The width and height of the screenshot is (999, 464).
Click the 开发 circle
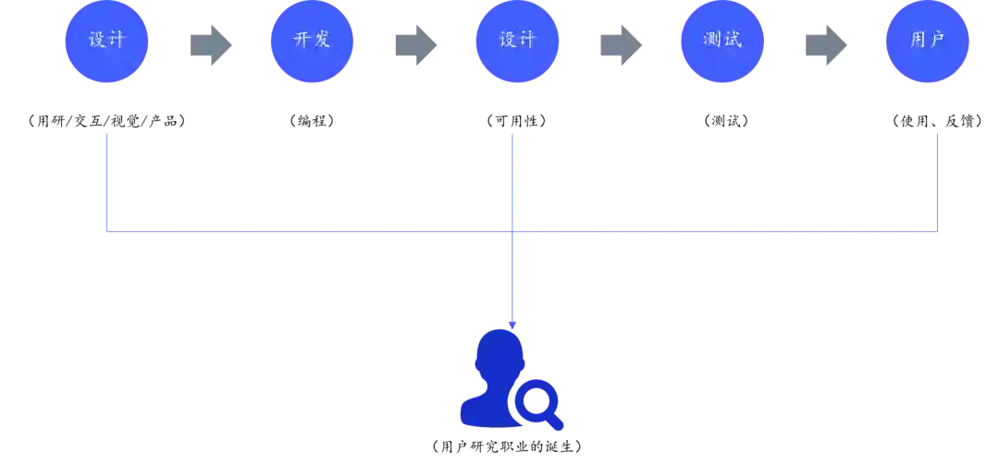pos(312,41)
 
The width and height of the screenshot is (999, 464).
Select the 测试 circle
pos(722,41)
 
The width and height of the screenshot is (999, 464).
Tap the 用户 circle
pos(927,41)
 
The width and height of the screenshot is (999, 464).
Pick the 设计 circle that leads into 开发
pos(106,41)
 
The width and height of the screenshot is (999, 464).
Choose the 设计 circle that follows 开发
pos(517,41)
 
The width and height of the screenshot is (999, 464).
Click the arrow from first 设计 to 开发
pos(210,44)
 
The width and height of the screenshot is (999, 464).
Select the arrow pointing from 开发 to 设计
pos(415,44)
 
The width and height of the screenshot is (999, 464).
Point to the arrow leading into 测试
pos(622,44)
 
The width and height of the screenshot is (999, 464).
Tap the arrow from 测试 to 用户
pos(824,44)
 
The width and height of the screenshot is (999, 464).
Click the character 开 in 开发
pos(301,41)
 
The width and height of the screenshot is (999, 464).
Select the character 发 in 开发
pos(322,41)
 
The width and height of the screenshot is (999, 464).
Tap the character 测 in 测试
pos(711,41)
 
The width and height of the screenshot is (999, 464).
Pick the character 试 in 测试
pos(734,41)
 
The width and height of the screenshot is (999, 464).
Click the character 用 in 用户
pos(916,41)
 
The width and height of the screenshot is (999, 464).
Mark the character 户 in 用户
pos(938,41)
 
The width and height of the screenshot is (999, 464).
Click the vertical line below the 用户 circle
pos(937,180)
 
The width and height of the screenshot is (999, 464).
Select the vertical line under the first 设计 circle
pos(107,180)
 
